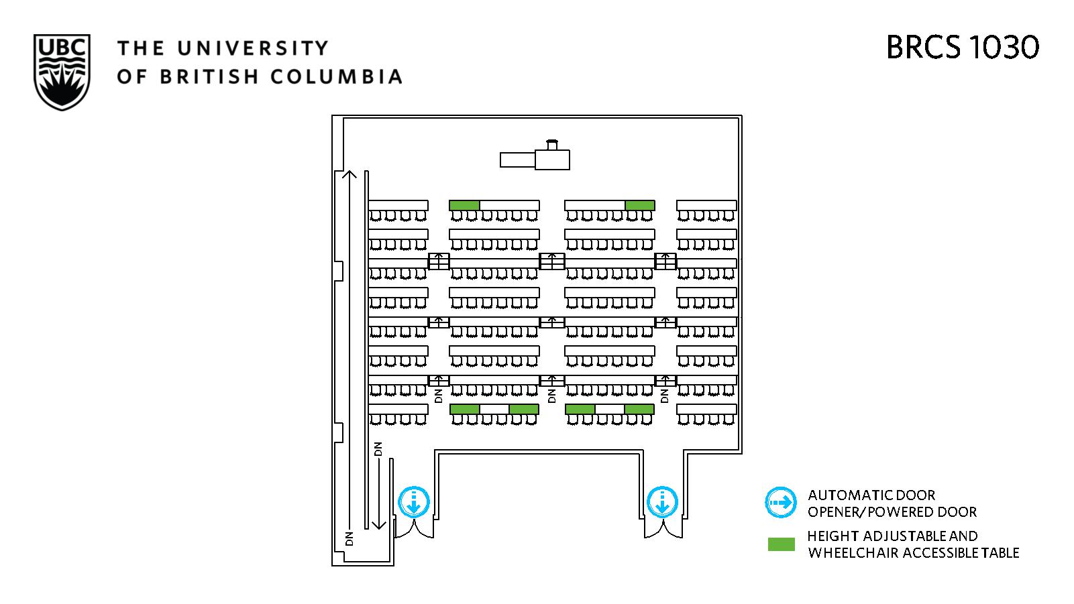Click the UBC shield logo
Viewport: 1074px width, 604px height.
click(x=62, y=72)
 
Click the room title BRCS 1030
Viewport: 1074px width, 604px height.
click(x=963, y=48)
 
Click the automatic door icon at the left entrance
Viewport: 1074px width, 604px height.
click(x=414, y=502)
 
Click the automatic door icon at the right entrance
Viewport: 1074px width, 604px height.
click(x=662, y=502)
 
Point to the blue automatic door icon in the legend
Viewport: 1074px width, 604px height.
click(x=781, y=503)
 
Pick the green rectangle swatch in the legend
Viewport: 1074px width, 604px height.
click(x=781, y=544)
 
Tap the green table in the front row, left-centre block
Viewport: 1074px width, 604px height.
click(x=464, y=205)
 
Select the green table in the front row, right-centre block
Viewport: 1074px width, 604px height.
click(x=639, y=205)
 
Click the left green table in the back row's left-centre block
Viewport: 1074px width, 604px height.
click(x=464, y=409)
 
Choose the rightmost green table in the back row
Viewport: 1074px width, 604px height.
click(x=639, y=409)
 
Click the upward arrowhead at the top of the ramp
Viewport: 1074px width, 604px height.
click(x=348, y=175)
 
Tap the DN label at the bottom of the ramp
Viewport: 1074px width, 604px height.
click(x=349, y=538)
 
